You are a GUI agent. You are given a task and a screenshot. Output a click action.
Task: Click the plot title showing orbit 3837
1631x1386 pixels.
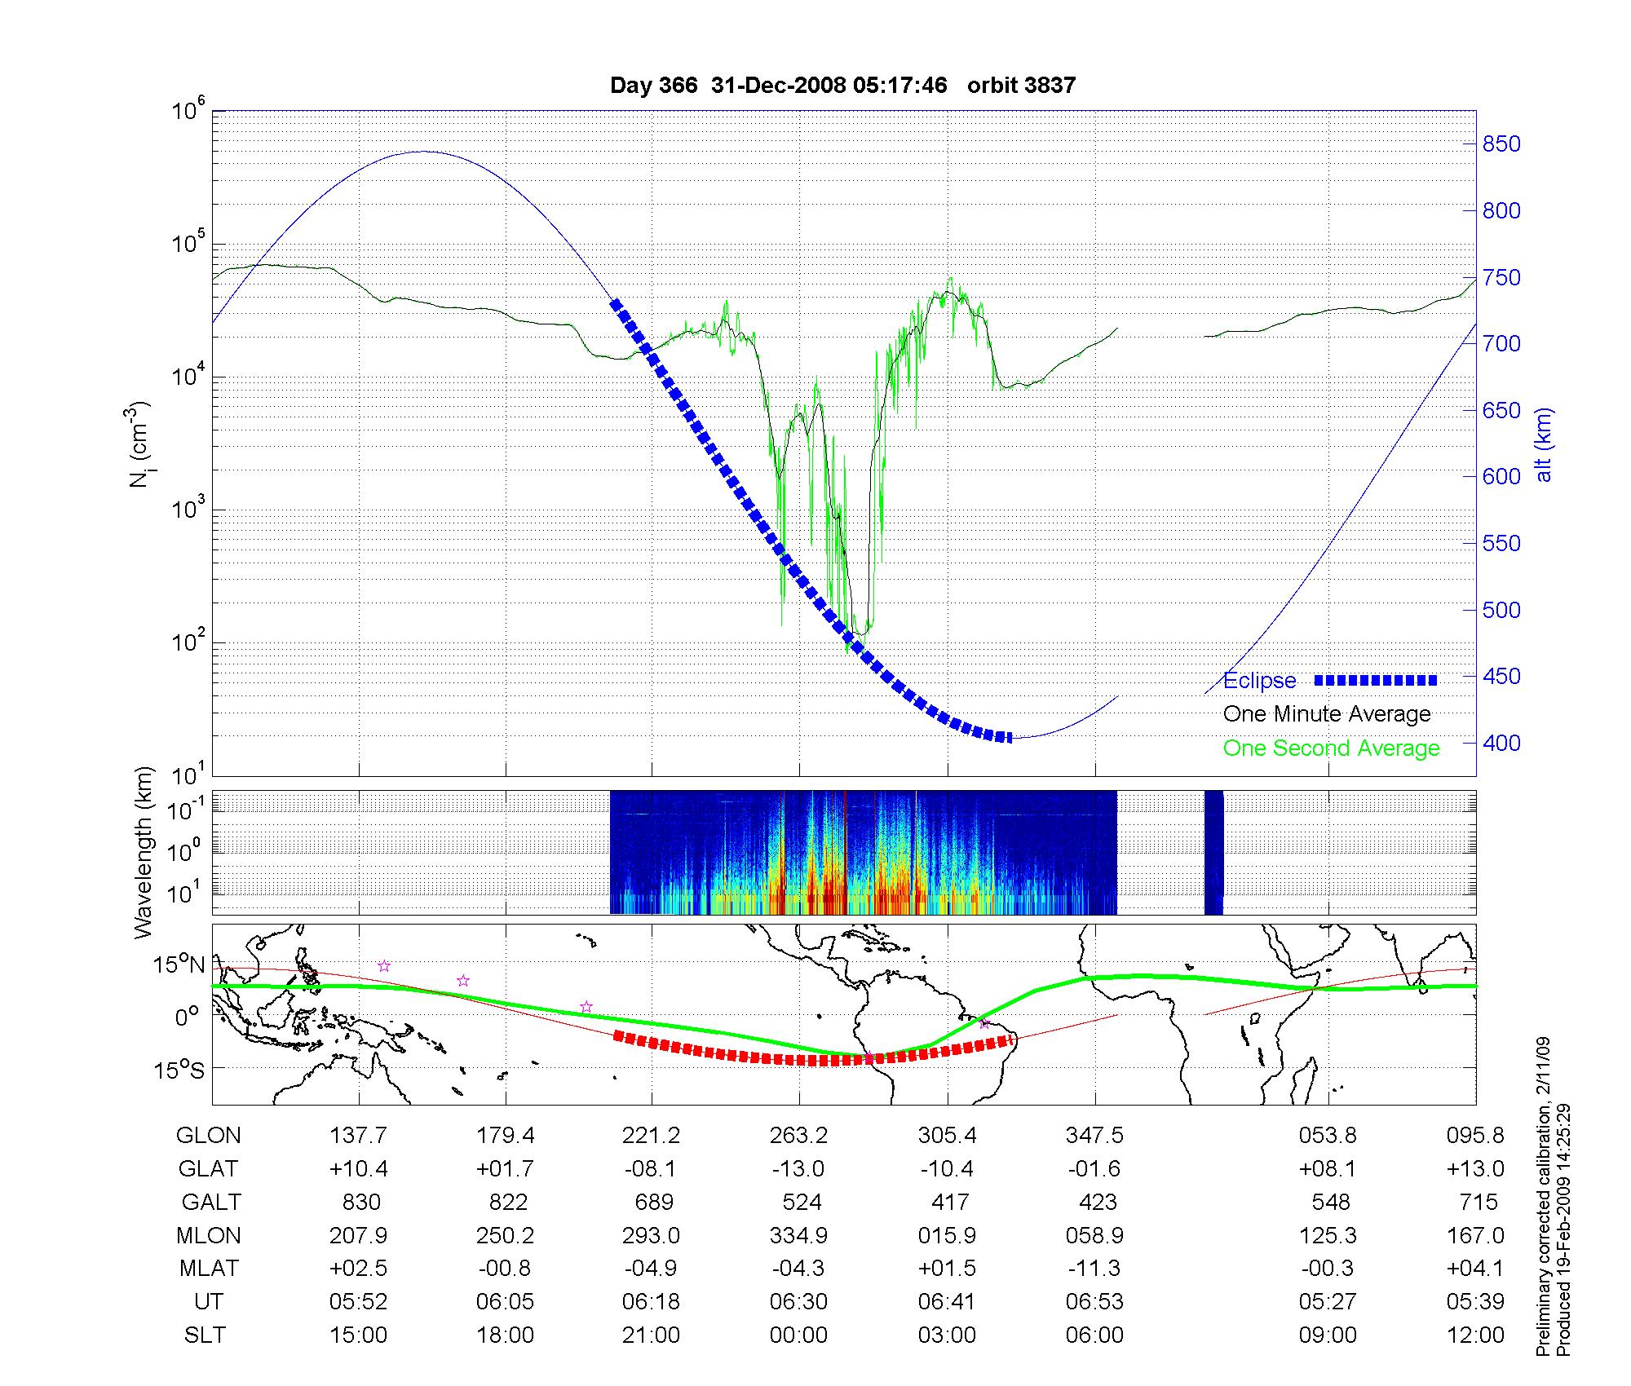842,86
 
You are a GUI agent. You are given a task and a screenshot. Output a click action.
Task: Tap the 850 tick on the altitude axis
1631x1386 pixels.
1501,144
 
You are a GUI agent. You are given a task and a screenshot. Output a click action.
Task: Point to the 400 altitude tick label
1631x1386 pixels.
1501,743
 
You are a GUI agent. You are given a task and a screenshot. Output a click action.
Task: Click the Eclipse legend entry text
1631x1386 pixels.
1259,681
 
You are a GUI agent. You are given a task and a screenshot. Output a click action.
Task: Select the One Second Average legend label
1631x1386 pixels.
1331,748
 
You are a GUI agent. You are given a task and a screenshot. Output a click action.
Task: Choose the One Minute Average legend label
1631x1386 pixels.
1327,714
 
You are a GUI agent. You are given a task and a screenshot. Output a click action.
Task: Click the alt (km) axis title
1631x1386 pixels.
1544,444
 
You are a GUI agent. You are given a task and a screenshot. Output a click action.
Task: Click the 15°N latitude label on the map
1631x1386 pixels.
179,965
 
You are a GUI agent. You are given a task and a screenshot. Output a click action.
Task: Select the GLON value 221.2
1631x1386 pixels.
651,1135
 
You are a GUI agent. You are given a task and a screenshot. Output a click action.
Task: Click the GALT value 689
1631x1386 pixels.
653,1202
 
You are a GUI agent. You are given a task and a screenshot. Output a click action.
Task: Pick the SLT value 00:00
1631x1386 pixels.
798,1335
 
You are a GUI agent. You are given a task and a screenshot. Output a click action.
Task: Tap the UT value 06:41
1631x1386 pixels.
946,1301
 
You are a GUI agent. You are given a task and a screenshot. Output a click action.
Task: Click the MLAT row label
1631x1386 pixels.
209,1269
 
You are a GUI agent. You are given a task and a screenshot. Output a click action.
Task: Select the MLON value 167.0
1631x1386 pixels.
1475,1235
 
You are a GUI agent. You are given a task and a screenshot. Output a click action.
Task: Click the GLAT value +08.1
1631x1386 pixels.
1328,1168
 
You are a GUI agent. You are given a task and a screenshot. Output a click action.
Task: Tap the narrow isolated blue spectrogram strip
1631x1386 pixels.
1213,853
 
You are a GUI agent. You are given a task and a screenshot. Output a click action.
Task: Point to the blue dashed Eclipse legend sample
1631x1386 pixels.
1376,680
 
